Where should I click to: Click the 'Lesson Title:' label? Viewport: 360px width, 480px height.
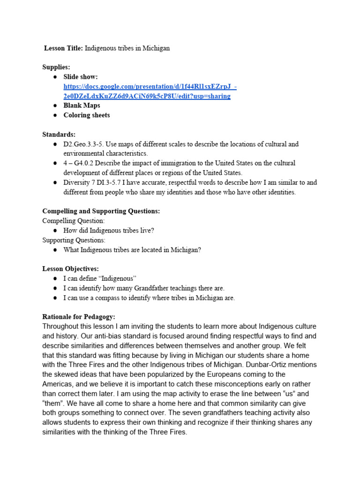(x=63, y=48)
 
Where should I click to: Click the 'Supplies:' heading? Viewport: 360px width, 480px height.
(x=56, y=67)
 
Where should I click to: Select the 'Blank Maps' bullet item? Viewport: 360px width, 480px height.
(x=82, y=105)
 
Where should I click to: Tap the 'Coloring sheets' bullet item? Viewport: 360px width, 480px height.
(x=87, y=115)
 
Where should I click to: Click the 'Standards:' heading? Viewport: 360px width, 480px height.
(x=59, y=135)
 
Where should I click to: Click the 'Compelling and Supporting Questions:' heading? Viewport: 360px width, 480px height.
(x=101, y=211)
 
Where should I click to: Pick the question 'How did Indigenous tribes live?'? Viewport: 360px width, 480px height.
(x=109, y=231)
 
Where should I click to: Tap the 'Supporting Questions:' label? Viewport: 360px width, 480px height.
(x=74, y=240)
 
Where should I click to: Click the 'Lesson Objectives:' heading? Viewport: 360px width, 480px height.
(x=71, y=269)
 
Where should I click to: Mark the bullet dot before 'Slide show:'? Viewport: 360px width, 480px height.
(x=55, y=77)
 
